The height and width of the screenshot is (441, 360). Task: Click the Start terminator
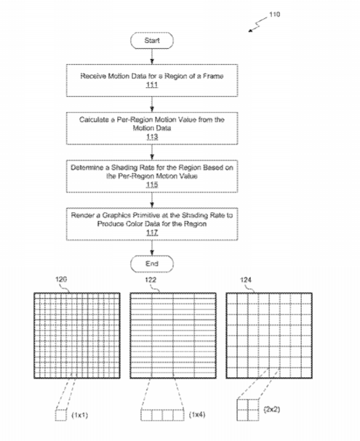[152, 41]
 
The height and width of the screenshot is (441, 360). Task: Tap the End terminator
[152, 264]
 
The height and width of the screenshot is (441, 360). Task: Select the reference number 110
[274, 15]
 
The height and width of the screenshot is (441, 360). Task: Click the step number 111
[152, 85]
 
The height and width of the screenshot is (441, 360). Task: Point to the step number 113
[152, 137]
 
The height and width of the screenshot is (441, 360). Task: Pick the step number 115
[152, 185]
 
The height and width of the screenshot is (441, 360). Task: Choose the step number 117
[152, 232]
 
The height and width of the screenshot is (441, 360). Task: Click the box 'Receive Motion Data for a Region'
[152, 81]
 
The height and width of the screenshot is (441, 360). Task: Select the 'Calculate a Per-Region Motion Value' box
[152, 129]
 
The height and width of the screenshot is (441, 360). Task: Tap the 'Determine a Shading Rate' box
[152, 177]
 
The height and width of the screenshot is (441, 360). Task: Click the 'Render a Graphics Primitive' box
[152, 224]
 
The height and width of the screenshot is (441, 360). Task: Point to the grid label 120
[61, 279]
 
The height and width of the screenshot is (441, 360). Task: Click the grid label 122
[151, 280]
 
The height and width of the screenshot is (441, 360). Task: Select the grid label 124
[246, 280]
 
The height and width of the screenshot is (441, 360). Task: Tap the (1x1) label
[80, 415]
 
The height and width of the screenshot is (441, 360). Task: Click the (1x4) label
[197, 415]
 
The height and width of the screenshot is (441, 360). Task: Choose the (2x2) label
[272, 409]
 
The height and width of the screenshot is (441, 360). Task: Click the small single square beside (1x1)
[61, 415]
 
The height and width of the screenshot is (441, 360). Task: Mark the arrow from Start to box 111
[152, 57]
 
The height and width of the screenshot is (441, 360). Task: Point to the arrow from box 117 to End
[152, 248]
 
